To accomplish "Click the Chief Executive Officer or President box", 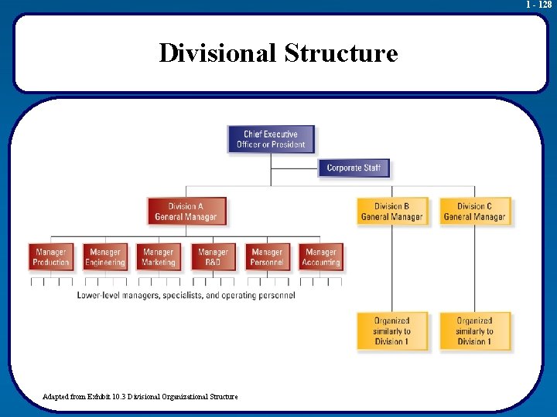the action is pyautogui.click(x=271, y=139).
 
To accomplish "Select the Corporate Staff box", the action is pyautogui.click(x=354, y=168).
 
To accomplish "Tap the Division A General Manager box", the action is pyautogui.click(x=187, y=212).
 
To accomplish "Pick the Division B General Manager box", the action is pyautogui.click(x=391, y=212).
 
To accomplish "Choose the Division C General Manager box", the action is pyautogui.click(x=474, y=212).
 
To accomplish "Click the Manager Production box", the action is pyautogui.click(x=51, y=257).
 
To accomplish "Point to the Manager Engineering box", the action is pyautogui.click(x=105, y=257).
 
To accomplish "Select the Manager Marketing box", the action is pyautogui.click(x=159, y=257).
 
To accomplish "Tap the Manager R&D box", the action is pyautogui.click(x=213, y=257).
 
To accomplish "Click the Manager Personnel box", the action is pyautogui.click(x=267, y=257).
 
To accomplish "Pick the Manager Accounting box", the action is pyautogui.click(x=321, y=257).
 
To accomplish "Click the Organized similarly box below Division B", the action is pyautogui.click(x=391, y=331).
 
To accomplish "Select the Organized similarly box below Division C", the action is pyautogui.click(x=474, y=331).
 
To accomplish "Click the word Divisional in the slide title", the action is pyautogui.click(x=217, y=53).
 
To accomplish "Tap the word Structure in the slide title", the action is pyautogui.click(x=341, y=53).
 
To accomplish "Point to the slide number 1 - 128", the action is pyautogui.click(x=538, y=5).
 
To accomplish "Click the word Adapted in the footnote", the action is pyautogui.click(x=56, y=396).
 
